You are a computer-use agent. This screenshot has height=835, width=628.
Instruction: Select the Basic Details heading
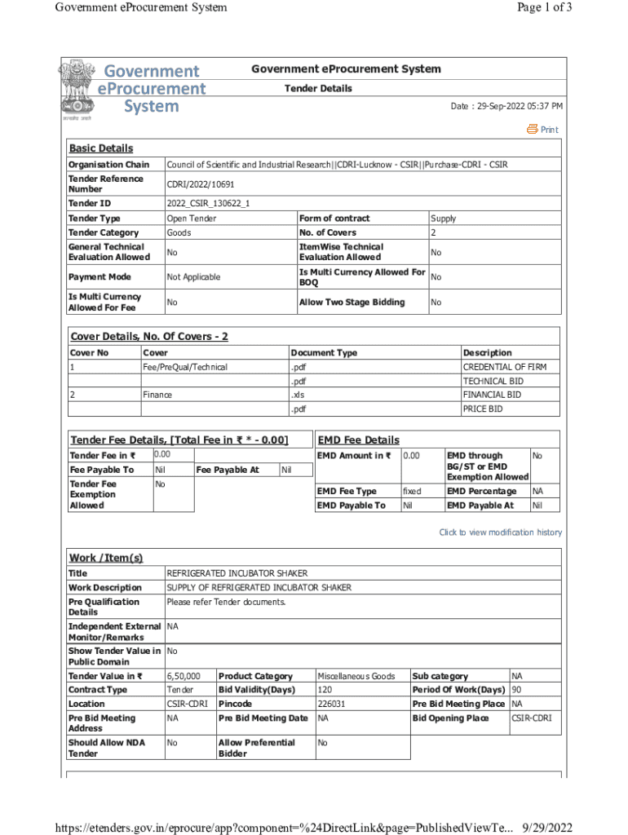pyautogui.click(x=100, y=148)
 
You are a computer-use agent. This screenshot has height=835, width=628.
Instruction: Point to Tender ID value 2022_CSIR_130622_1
pyautogui.click(x=208, y=203)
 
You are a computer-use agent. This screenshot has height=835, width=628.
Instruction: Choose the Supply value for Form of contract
pyautogui.click(x=443, y=219)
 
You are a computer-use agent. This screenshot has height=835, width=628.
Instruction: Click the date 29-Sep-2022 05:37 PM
pyautogui.click(x=506, y=107)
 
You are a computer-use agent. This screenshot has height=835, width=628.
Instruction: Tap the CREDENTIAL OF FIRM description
pyautogui.click(x=504, y=367)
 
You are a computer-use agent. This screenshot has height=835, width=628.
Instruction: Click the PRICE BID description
pyautogui.click(x=483, y=409)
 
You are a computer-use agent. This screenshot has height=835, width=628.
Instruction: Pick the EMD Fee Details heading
pyautogui.click(x=358, y=440)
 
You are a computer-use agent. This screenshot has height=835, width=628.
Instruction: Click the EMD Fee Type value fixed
pyautogui.click(x=412, y=492)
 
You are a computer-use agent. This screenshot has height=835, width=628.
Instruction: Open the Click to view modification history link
pyautogui.click(x=500, y=532)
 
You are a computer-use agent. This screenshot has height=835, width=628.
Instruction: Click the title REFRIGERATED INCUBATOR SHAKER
pyautogui.click(x=237, y=573)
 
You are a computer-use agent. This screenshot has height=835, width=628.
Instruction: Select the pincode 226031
pyautogui.click(x=330, y=704)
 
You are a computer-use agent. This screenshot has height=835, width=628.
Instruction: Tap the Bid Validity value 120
pyautogui.click(x=325, y=690)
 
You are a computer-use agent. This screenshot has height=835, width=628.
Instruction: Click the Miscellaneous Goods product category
pyautogui.click(x=356, y=676)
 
